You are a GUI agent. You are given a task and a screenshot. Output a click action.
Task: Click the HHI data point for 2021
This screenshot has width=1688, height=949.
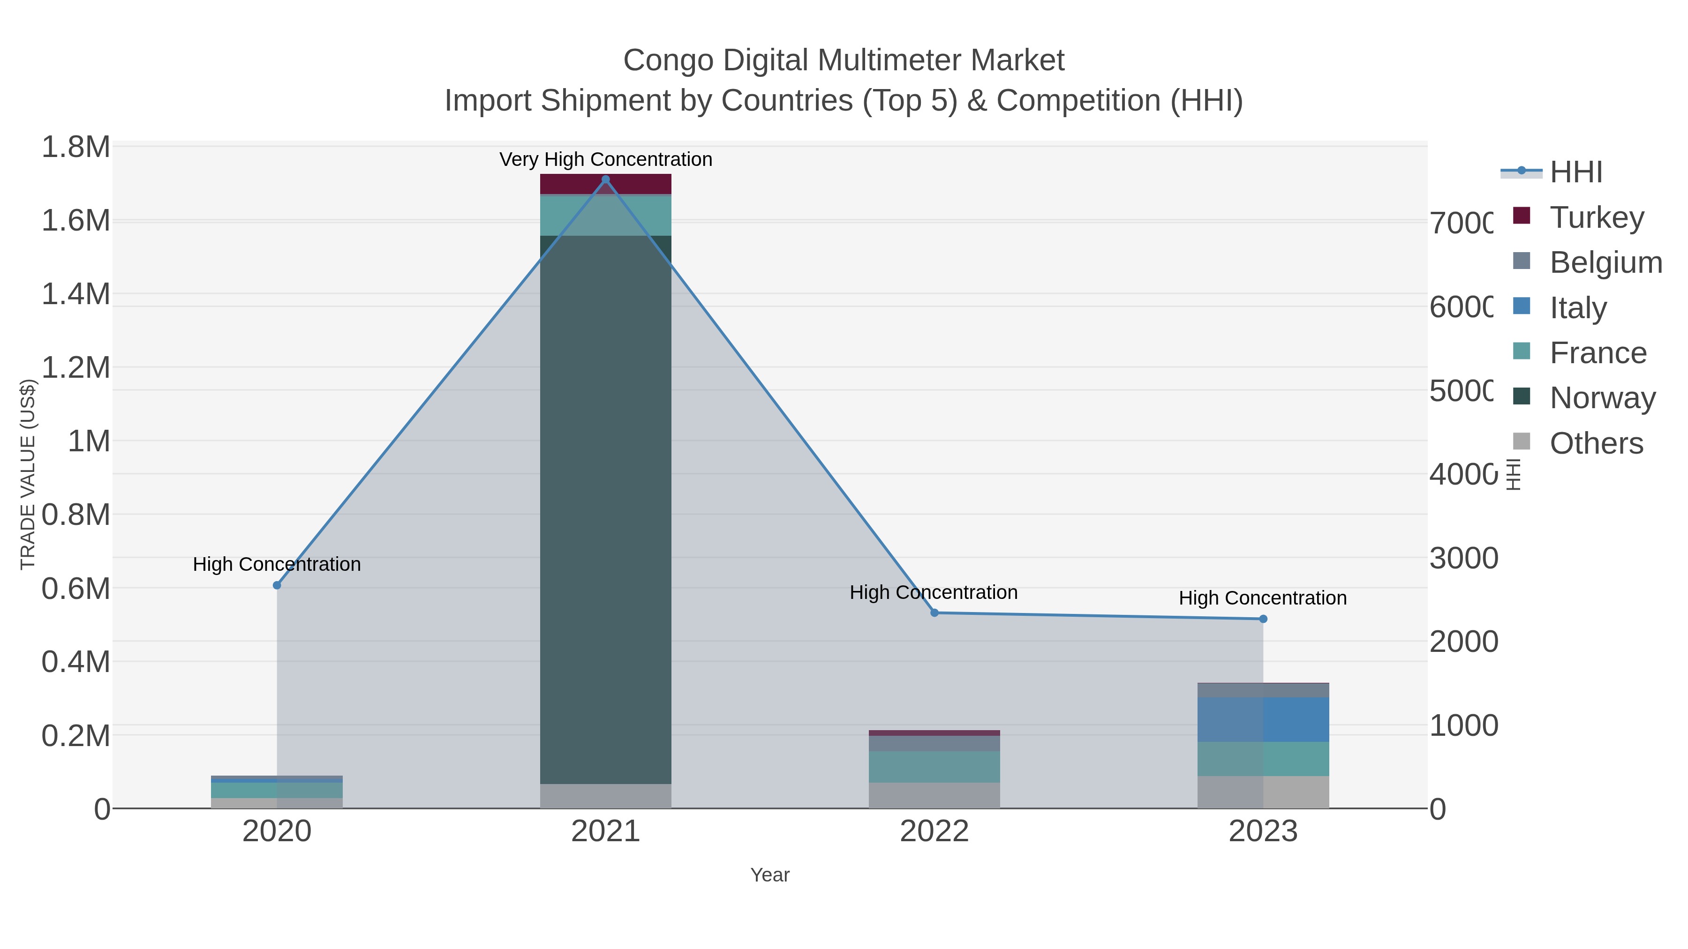tap(605, 179)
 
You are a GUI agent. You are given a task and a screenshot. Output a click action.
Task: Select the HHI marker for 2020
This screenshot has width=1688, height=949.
tap(277, 585)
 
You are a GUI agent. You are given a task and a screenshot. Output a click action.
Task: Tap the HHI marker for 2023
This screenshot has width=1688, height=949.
tap(1263, 619)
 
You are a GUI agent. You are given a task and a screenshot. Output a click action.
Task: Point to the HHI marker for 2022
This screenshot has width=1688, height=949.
tap(934, 613)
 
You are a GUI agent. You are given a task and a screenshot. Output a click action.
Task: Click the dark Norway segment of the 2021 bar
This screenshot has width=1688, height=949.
tap(605, 511)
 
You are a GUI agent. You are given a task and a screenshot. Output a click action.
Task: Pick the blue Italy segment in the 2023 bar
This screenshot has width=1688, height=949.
tap(1263, 719)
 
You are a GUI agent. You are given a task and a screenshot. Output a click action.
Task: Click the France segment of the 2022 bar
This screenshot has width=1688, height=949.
tap(934, 766)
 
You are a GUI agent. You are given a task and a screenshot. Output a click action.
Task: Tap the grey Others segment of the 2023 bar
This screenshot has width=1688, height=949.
tap(1263, 792)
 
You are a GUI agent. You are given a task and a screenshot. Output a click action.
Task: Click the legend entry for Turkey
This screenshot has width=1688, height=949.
tap(1596, 217)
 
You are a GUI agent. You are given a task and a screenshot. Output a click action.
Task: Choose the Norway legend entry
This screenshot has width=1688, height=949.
tap(1602, 397)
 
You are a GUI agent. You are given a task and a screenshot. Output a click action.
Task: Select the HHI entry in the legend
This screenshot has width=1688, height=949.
tap(1576, 172)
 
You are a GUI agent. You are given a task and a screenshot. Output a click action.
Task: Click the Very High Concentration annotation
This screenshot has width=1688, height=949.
tap(605, 159)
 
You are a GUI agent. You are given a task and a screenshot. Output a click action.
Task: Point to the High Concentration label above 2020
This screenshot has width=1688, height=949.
tap(277, 564)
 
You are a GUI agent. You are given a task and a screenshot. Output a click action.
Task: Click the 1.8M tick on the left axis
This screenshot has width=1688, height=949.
tap(76, 147)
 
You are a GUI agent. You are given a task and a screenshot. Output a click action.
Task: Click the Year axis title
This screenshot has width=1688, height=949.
tap(770, 875)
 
